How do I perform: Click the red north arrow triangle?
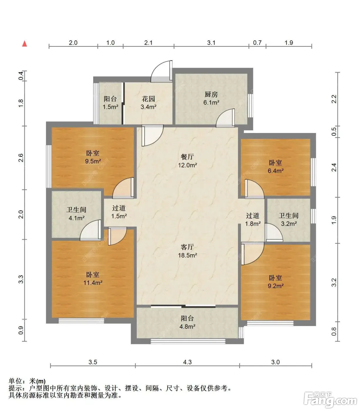pos(25,44)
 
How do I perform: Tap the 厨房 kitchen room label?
pos(211,94)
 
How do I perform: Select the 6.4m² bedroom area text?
pos(276,171)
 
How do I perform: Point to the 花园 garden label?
pos(148,99)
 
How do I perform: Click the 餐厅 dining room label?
pos(187,157)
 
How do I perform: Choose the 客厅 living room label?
pos(187,247)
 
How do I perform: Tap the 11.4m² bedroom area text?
pos(93,283)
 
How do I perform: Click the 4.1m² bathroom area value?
pos(76,218)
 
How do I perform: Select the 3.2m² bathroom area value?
pos(289,224)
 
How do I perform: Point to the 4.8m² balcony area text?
pos(187,327)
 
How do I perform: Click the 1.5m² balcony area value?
pos(110,107)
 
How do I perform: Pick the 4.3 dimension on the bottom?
pos(187,362)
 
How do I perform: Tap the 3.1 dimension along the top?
pos(211,43)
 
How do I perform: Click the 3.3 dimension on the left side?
pos(21,279)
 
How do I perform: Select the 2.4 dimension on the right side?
pos(334,167)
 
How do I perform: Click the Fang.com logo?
pos(330,401)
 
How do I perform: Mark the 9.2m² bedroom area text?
pos(276,286)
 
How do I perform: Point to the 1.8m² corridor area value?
pos(253,224)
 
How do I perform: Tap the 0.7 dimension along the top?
pos(257,43)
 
